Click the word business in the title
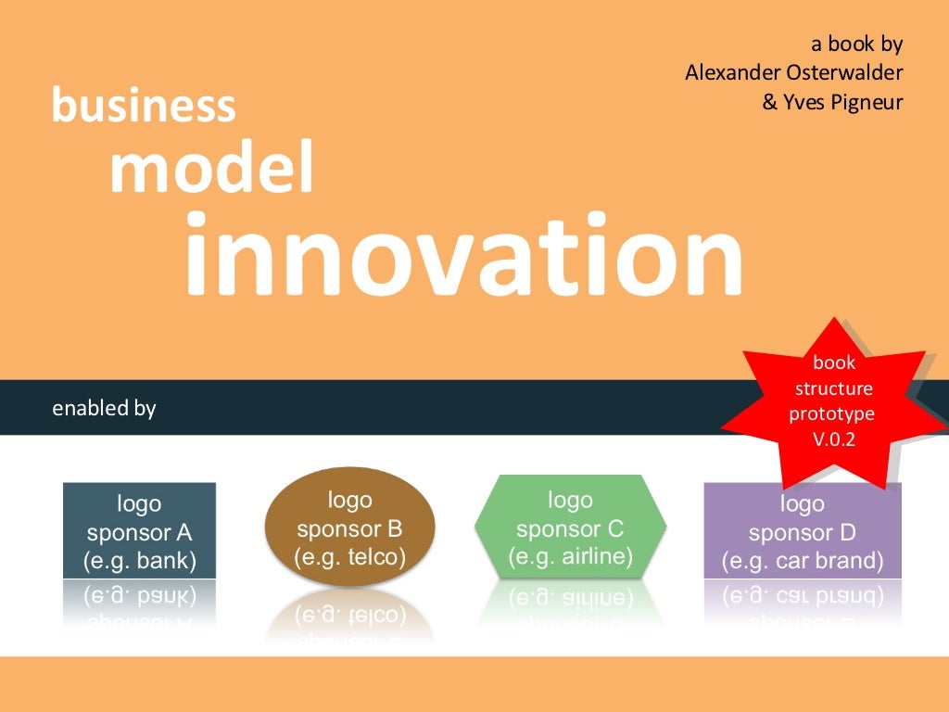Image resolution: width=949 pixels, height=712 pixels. coord(144,105)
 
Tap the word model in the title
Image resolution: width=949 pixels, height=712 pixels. coord(211,169)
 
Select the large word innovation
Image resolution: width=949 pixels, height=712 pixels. coord(463,255)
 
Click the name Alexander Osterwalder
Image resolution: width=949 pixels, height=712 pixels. coord(794,72)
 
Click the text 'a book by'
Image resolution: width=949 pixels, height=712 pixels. coord(856,43)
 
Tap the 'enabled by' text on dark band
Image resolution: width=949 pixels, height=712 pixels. coord(104,408)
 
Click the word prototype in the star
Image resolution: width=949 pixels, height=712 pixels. coord(831,413)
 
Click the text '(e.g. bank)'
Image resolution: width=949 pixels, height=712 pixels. coord(139,561)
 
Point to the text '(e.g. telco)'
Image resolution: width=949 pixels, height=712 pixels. coord(349,557)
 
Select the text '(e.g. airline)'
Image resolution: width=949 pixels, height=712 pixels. coord(570,557)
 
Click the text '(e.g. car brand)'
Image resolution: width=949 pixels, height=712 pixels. coord(802,561)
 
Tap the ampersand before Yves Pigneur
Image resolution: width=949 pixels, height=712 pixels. coord(770,103)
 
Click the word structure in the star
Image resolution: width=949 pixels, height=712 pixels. coord(833,388)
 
